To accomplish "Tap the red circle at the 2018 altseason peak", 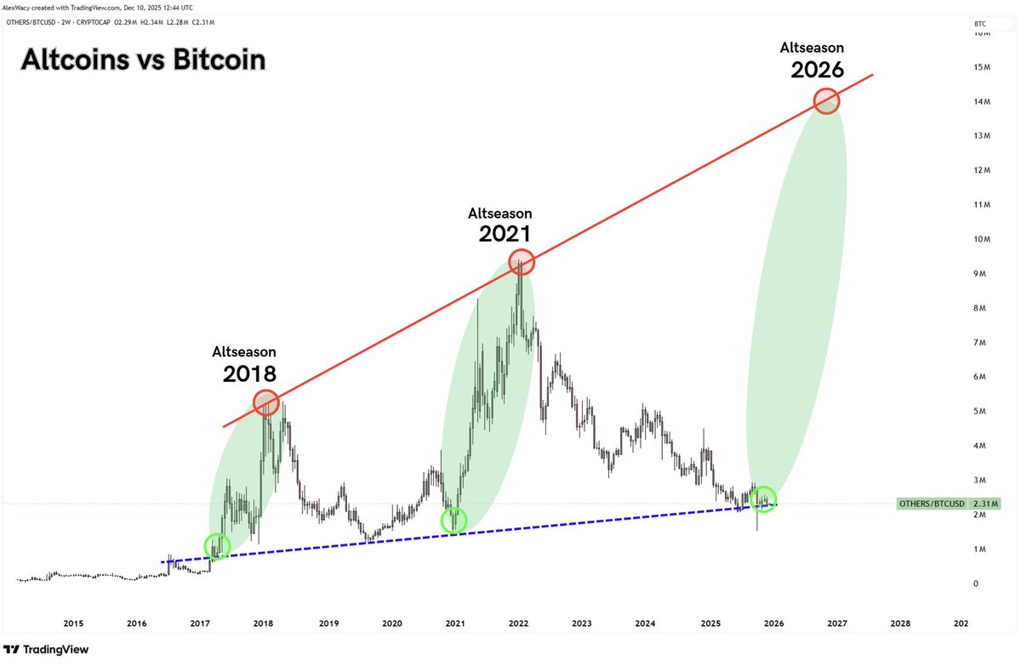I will click(266, 401).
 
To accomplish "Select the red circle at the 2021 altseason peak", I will click(521, 262).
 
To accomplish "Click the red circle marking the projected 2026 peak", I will click(826, 102).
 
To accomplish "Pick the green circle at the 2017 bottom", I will click(218, 545).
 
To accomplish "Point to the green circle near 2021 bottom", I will click(455, 520).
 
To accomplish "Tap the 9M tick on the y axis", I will click(981, 274).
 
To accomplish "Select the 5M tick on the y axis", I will click(981, 412).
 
